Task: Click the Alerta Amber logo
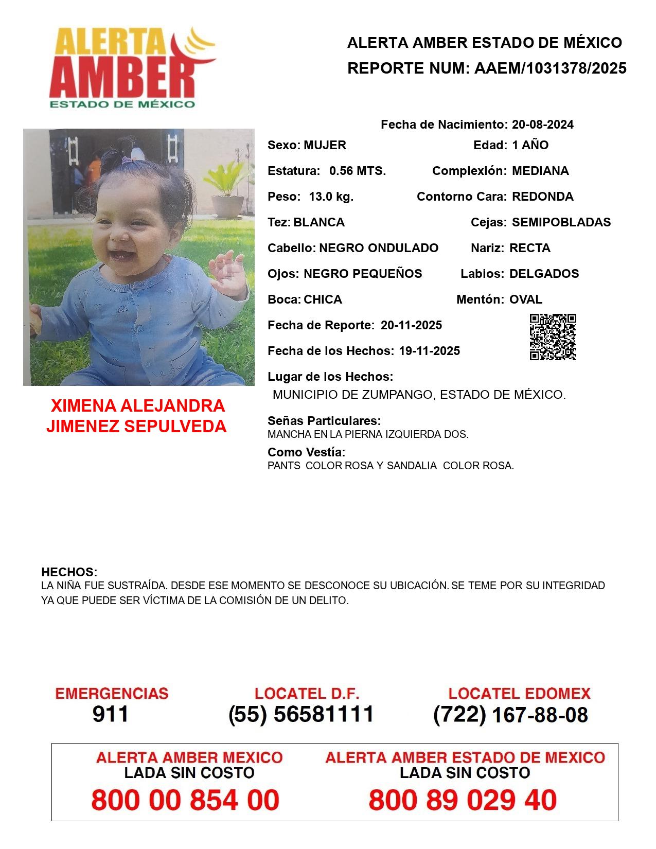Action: tap(131, 67)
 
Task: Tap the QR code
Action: tap(553, 337)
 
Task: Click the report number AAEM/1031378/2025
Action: tap(550, 68)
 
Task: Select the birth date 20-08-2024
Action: tap(543, 125)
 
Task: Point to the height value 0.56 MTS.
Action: tap(358, 171)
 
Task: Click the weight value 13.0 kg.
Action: tap(331, 197)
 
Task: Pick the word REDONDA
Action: tap(543, 197)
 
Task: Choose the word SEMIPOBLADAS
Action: tap(561, 222)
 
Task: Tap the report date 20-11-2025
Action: tap(411, 325)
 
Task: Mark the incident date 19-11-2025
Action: tap(430, 351)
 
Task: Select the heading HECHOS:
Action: tap(69, 572)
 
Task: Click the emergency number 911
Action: tap(111, 714)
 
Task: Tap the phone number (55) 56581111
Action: tap(301, 714)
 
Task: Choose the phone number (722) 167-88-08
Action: tap(510, 715)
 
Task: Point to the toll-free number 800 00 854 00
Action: tap(185, 800)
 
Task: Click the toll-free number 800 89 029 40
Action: tap(463, 800)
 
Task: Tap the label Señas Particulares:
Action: tap(324, 421)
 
